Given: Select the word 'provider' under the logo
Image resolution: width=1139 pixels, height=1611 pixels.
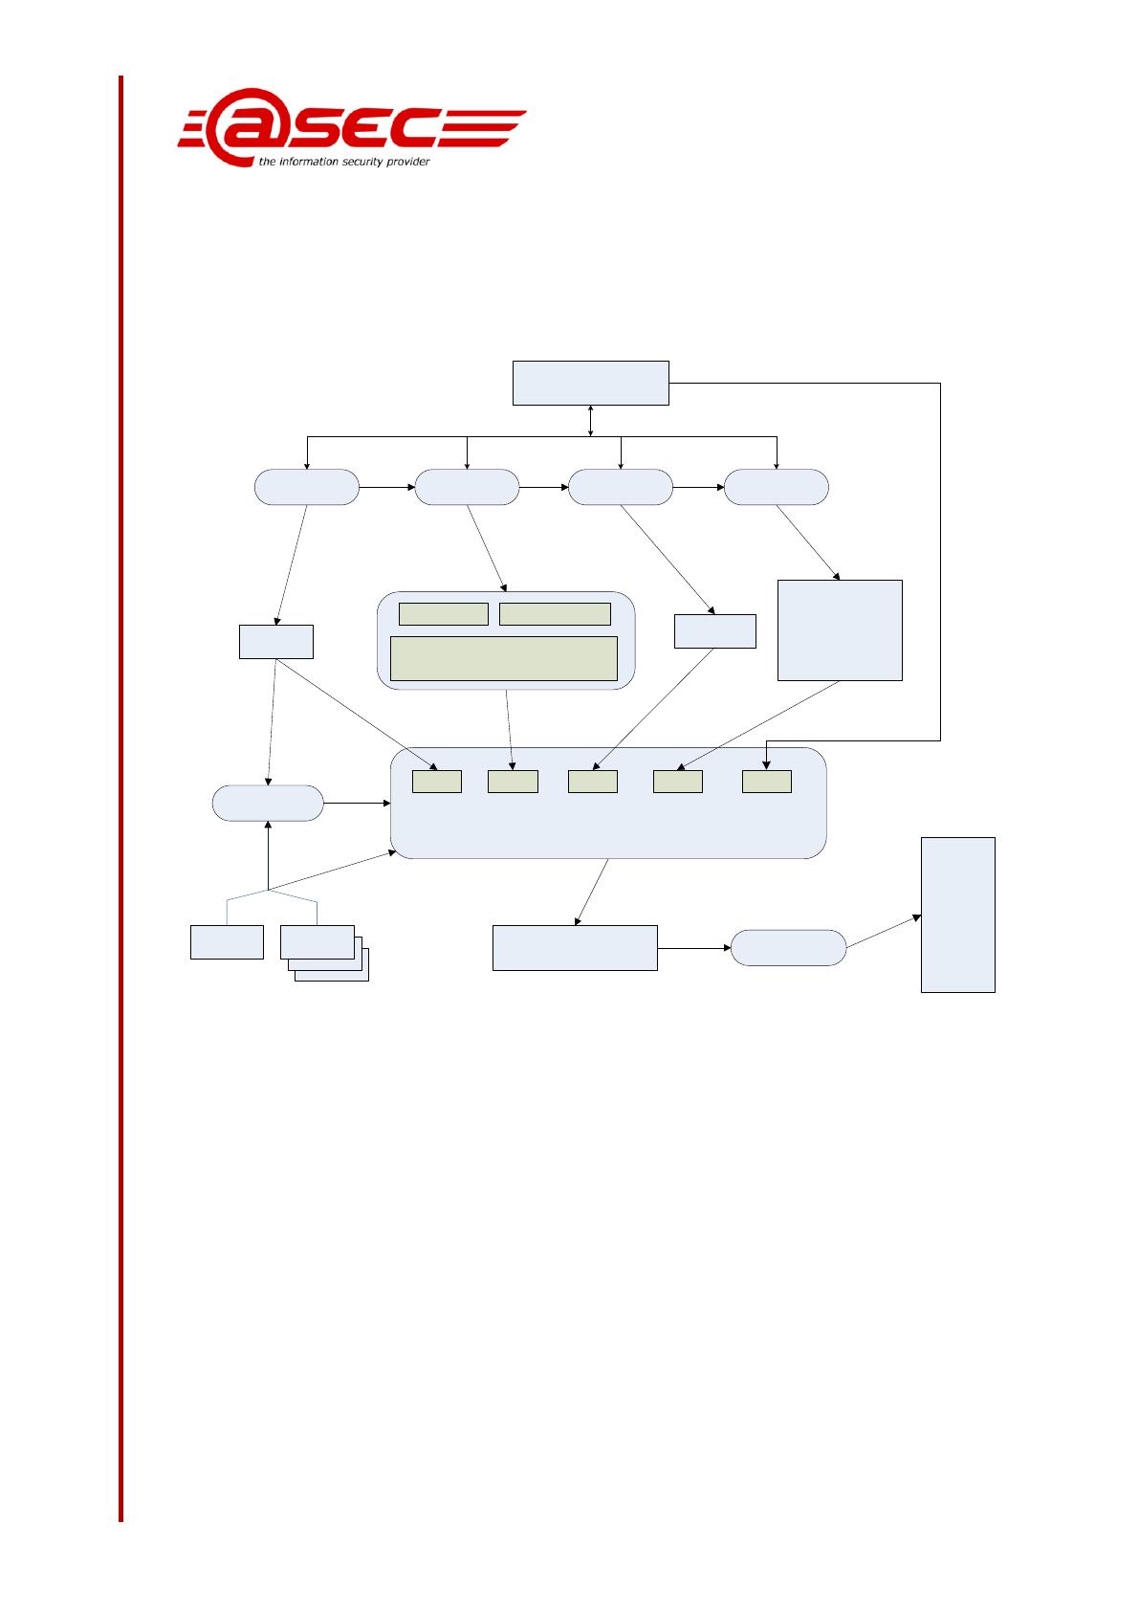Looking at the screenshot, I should (x=408, y=162).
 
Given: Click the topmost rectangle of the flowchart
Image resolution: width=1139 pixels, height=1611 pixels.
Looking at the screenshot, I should (x=590, y=383).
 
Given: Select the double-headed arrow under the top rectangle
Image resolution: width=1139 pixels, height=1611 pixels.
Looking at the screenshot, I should (x=591, y=420).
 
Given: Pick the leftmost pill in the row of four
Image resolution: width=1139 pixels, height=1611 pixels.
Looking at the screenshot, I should (x=307, y=487).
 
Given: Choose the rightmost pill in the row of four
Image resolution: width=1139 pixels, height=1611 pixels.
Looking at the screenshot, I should (x=777, y=487).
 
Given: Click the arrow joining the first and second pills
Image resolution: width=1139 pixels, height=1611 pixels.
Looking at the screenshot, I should (x=387, y=487).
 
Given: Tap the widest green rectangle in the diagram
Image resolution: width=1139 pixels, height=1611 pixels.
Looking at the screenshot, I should (x=504, y=658).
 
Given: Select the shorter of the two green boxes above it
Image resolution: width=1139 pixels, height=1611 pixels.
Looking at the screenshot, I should (x=444, y=614).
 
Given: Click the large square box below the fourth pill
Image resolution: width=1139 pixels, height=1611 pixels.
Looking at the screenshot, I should (x=840, y=629).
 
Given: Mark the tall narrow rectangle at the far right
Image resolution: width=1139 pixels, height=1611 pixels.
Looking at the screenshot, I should (x=957, y=915).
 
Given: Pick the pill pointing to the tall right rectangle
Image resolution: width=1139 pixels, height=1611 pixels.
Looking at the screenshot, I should (x=788, y=948).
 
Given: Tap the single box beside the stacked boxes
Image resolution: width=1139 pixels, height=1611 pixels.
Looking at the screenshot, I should (x=227, y=941).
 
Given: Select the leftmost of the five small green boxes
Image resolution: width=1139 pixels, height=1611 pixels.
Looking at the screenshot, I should (x=437, y=781).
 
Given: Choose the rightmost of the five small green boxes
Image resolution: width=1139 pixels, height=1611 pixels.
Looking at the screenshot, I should (x=767, y=781).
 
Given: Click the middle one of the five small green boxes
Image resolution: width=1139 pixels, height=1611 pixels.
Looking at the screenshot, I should (x=593, y=781).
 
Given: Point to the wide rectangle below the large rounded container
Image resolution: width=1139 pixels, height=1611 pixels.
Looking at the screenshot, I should (x=575, y=948).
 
